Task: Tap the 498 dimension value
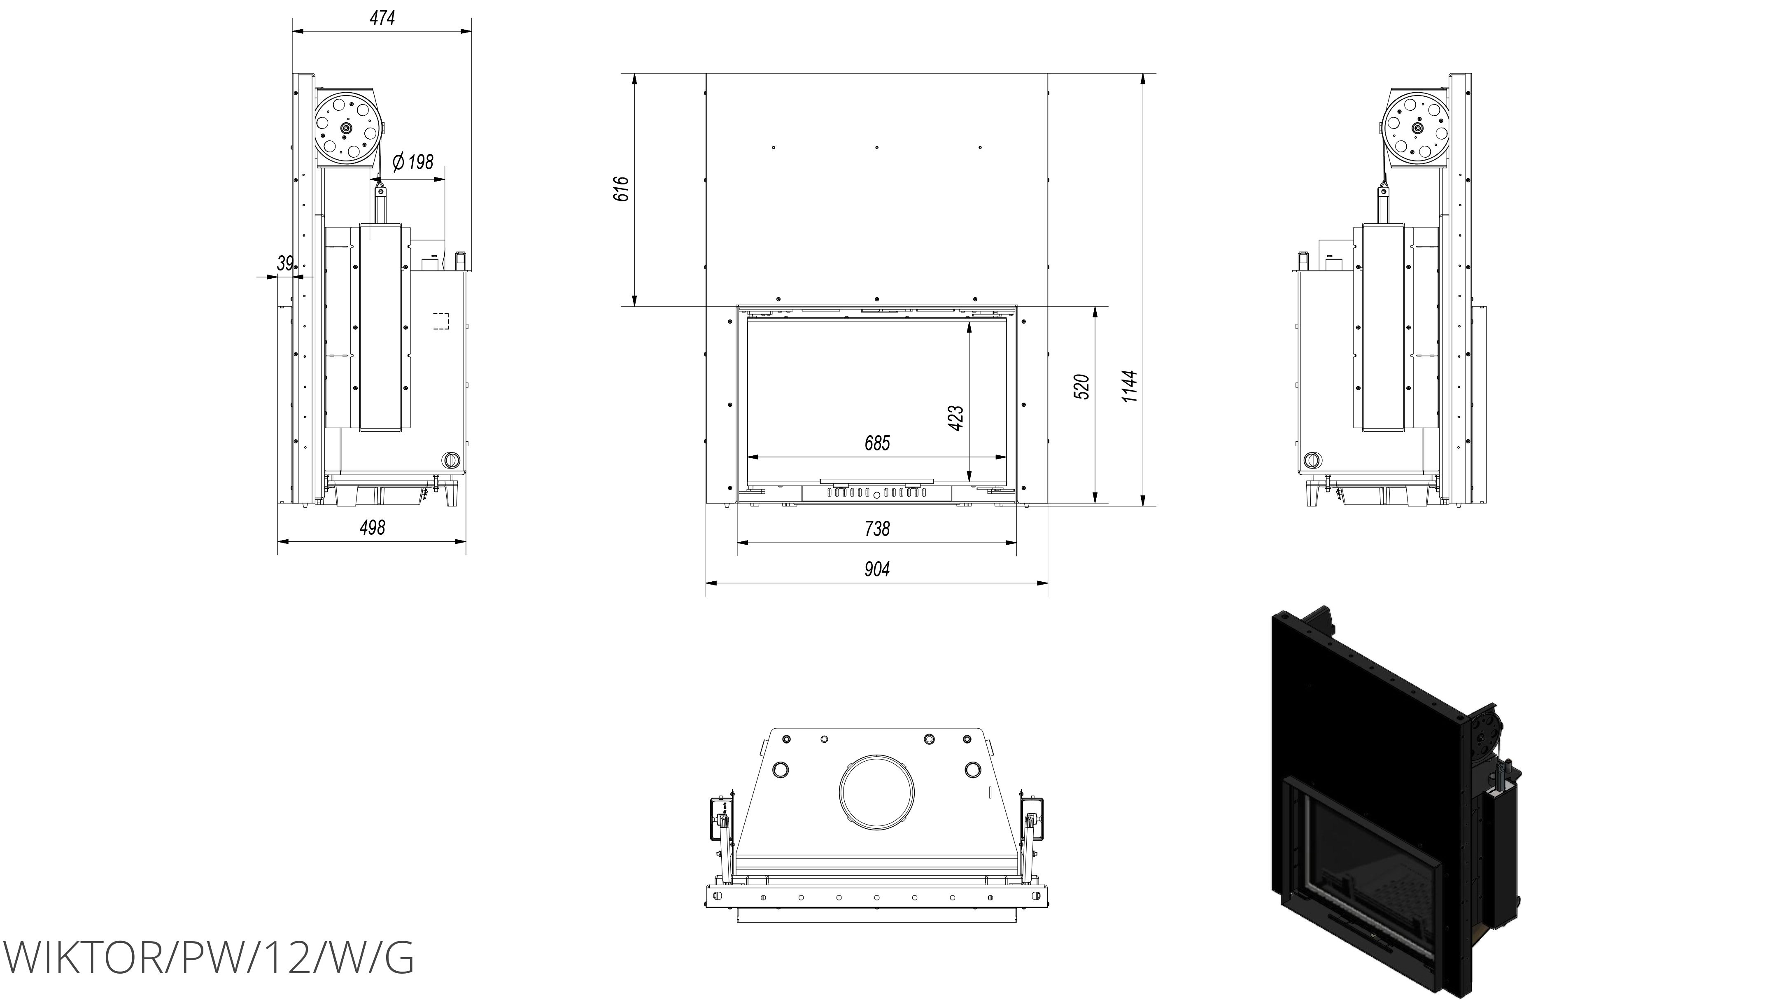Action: coord(372,528)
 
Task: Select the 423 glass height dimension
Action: coord(956,418)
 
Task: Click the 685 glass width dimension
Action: coord(877,443)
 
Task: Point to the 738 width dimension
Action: coord(877,529)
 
